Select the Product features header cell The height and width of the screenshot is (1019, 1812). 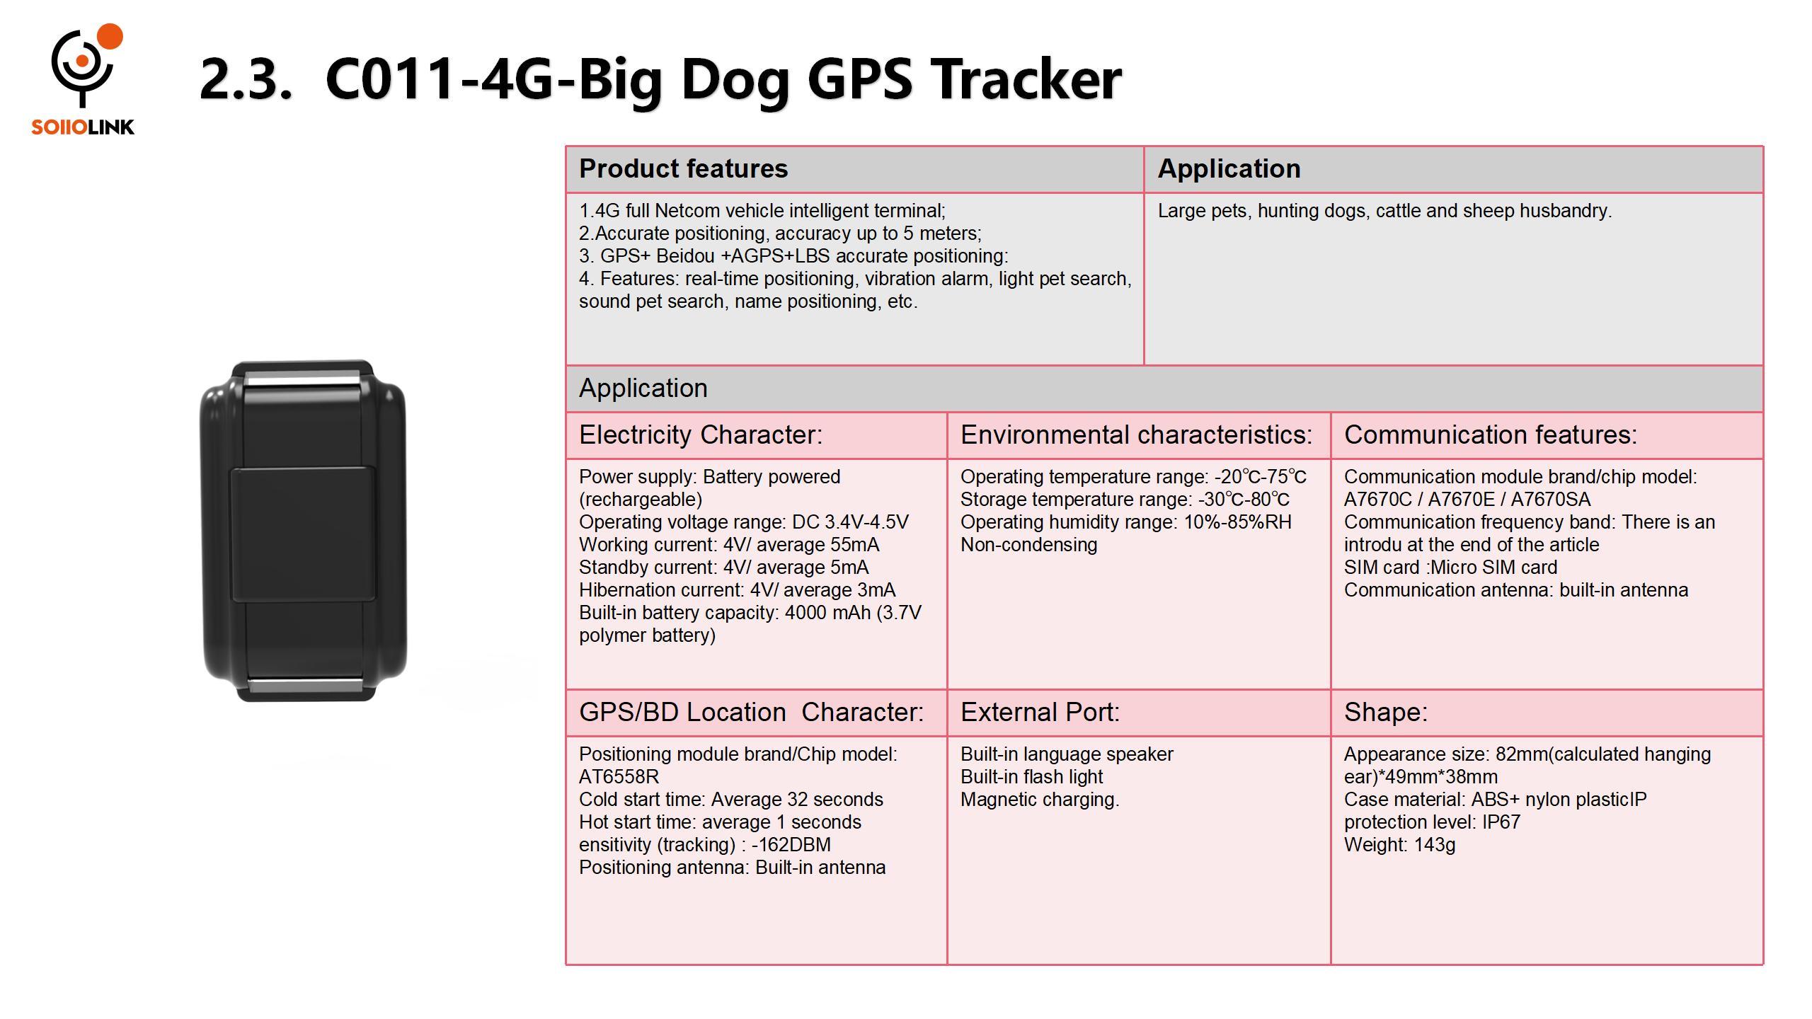pos(854,169)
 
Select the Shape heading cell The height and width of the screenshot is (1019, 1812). pos(1547,713)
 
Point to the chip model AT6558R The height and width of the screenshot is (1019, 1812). pos(619,777)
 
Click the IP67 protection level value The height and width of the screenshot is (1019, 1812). pos(1501,822)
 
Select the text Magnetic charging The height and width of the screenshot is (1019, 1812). pos(1040,800)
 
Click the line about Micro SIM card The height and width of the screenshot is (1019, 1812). pos(1450,568)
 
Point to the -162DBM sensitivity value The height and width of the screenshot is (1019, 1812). pos(791,845)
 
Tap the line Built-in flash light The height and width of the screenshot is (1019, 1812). pos(1031,777)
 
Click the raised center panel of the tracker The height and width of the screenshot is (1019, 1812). pos(303,534)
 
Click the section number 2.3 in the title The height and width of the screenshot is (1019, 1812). pos(245,79)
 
